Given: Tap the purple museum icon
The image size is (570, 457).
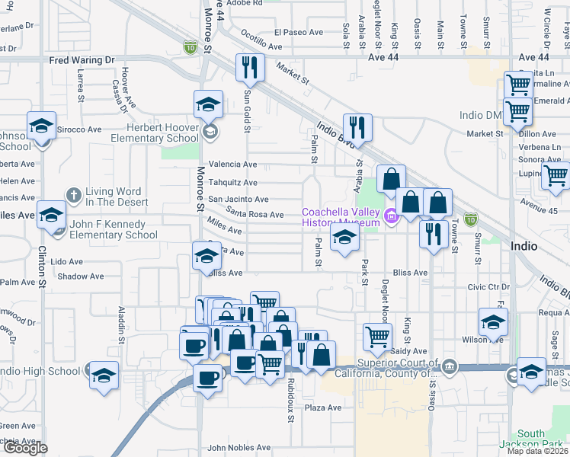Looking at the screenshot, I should tap(392, 218).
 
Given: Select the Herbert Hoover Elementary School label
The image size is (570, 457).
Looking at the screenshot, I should tap(155, 133).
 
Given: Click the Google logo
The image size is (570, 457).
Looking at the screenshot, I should tap(24, 448).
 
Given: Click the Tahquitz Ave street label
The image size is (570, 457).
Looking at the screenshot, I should tap(232, 183).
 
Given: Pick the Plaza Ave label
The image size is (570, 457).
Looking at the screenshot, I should tap(323, 408).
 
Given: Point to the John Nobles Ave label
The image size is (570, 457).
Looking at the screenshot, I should tap(239, 448).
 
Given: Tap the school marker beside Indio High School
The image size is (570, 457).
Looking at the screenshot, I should tap(104, 376).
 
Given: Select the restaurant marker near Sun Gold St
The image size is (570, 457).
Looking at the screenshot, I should tap(249, 68).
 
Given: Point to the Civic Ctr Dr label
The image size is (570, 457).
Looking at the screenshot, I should tap(488, 287).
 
